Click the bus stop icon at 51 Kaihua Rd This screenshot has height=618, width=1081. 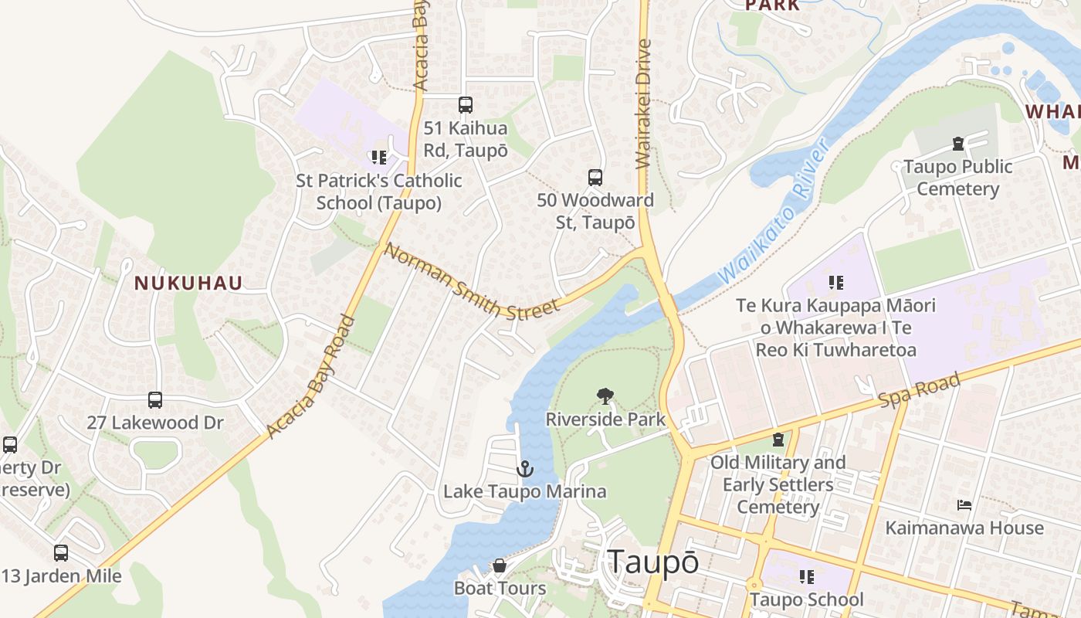tap(465, 105)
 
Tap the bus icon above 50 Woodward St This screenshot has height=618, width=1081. tap(595, 178)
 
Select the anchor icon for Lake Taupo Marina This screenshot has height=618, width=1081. tap(525, 469)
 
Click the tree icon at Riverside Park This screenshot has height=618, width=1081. tap(605, 397)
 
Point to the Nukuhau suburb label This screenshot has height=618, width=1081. tap(188, 284)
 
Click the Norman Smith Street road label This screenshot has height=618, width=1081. tap(471, 281)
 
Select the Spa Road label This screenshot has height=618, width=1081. tap(920, 390)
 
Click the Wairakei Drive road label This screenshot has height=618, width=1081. tap(643, 104)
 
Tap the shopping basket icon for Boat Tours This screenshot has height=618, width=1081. tap(500, 566)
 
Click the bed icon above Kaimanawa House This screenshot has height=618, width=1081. tap(964, 505)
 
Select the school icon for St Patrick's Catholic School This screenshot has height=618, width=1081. tap(378, 158)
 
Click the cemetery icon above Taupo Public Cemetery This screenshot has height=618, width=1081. tap(957, 144)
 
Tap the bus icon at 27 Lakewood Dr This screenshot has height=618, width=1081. tap(155, 400)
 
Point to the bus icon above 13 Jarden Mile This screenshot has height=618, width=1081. tap(61, 553)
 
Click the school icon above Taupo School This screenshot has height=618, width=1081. tap(806, 577)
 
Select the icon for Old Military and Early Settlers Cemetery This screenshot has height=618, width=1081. tap(778, 440)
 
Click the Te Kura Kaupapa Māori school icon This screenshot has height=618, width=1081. tap(835, 283)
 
